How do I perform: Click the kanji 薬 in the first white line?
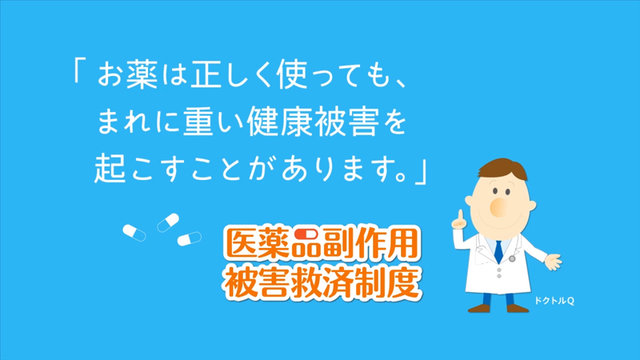[x=142, y=75]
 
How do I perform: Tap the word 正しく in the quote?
[x=229, y=75]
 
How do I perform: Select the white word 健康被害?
[x=311, y=122]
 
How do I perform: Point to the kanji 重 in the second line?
[x=198, y=122]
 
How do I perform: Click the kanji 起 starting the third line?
[x=110, y=168]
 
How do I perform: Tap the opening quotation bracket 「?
[x=79, y=70]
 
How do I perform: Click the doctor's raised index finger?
[x=461, y=215]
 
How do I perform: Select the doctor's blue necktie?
[x=498, y=251]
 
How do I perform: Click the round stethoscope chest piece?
[x=512, y=258]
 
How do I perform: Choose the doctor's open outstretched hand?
[x=554, y=262]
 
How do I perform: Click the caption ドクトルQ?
[x=554, y=301]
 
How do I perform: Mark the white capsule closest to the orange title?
[x=190, y=238]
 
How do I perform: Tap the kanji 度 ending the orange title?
[x=402, y=282]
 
